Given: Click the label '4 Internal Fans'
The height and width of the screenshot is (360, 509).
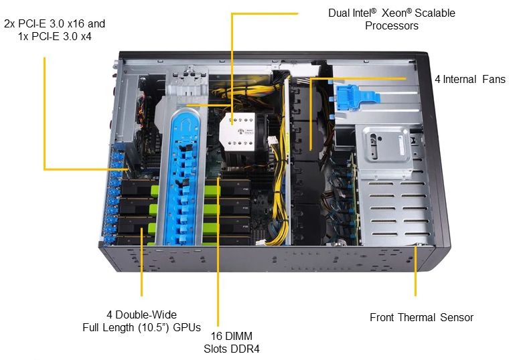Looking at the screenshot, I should (469, 80).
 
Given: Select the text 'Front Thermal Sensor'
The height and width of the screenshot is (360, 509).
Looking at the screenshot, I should (421, 317).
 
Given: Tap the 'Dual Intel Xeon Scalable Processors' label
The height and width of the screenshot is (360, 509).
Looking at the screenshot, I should (391, 19).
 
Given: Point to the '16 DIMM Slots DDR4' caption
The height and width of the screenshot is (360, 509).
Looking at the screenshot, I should (231, 342).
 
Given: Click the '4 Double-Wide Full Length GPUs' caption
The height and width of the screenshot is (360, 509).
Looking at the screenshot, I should (141, 321).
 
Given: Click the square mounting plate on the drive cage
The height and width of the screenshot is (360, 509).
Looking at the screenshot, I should (386, 144).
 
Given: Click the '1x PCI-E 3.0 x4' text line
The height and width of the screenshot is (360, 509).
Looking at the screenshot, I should (54, 37).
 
